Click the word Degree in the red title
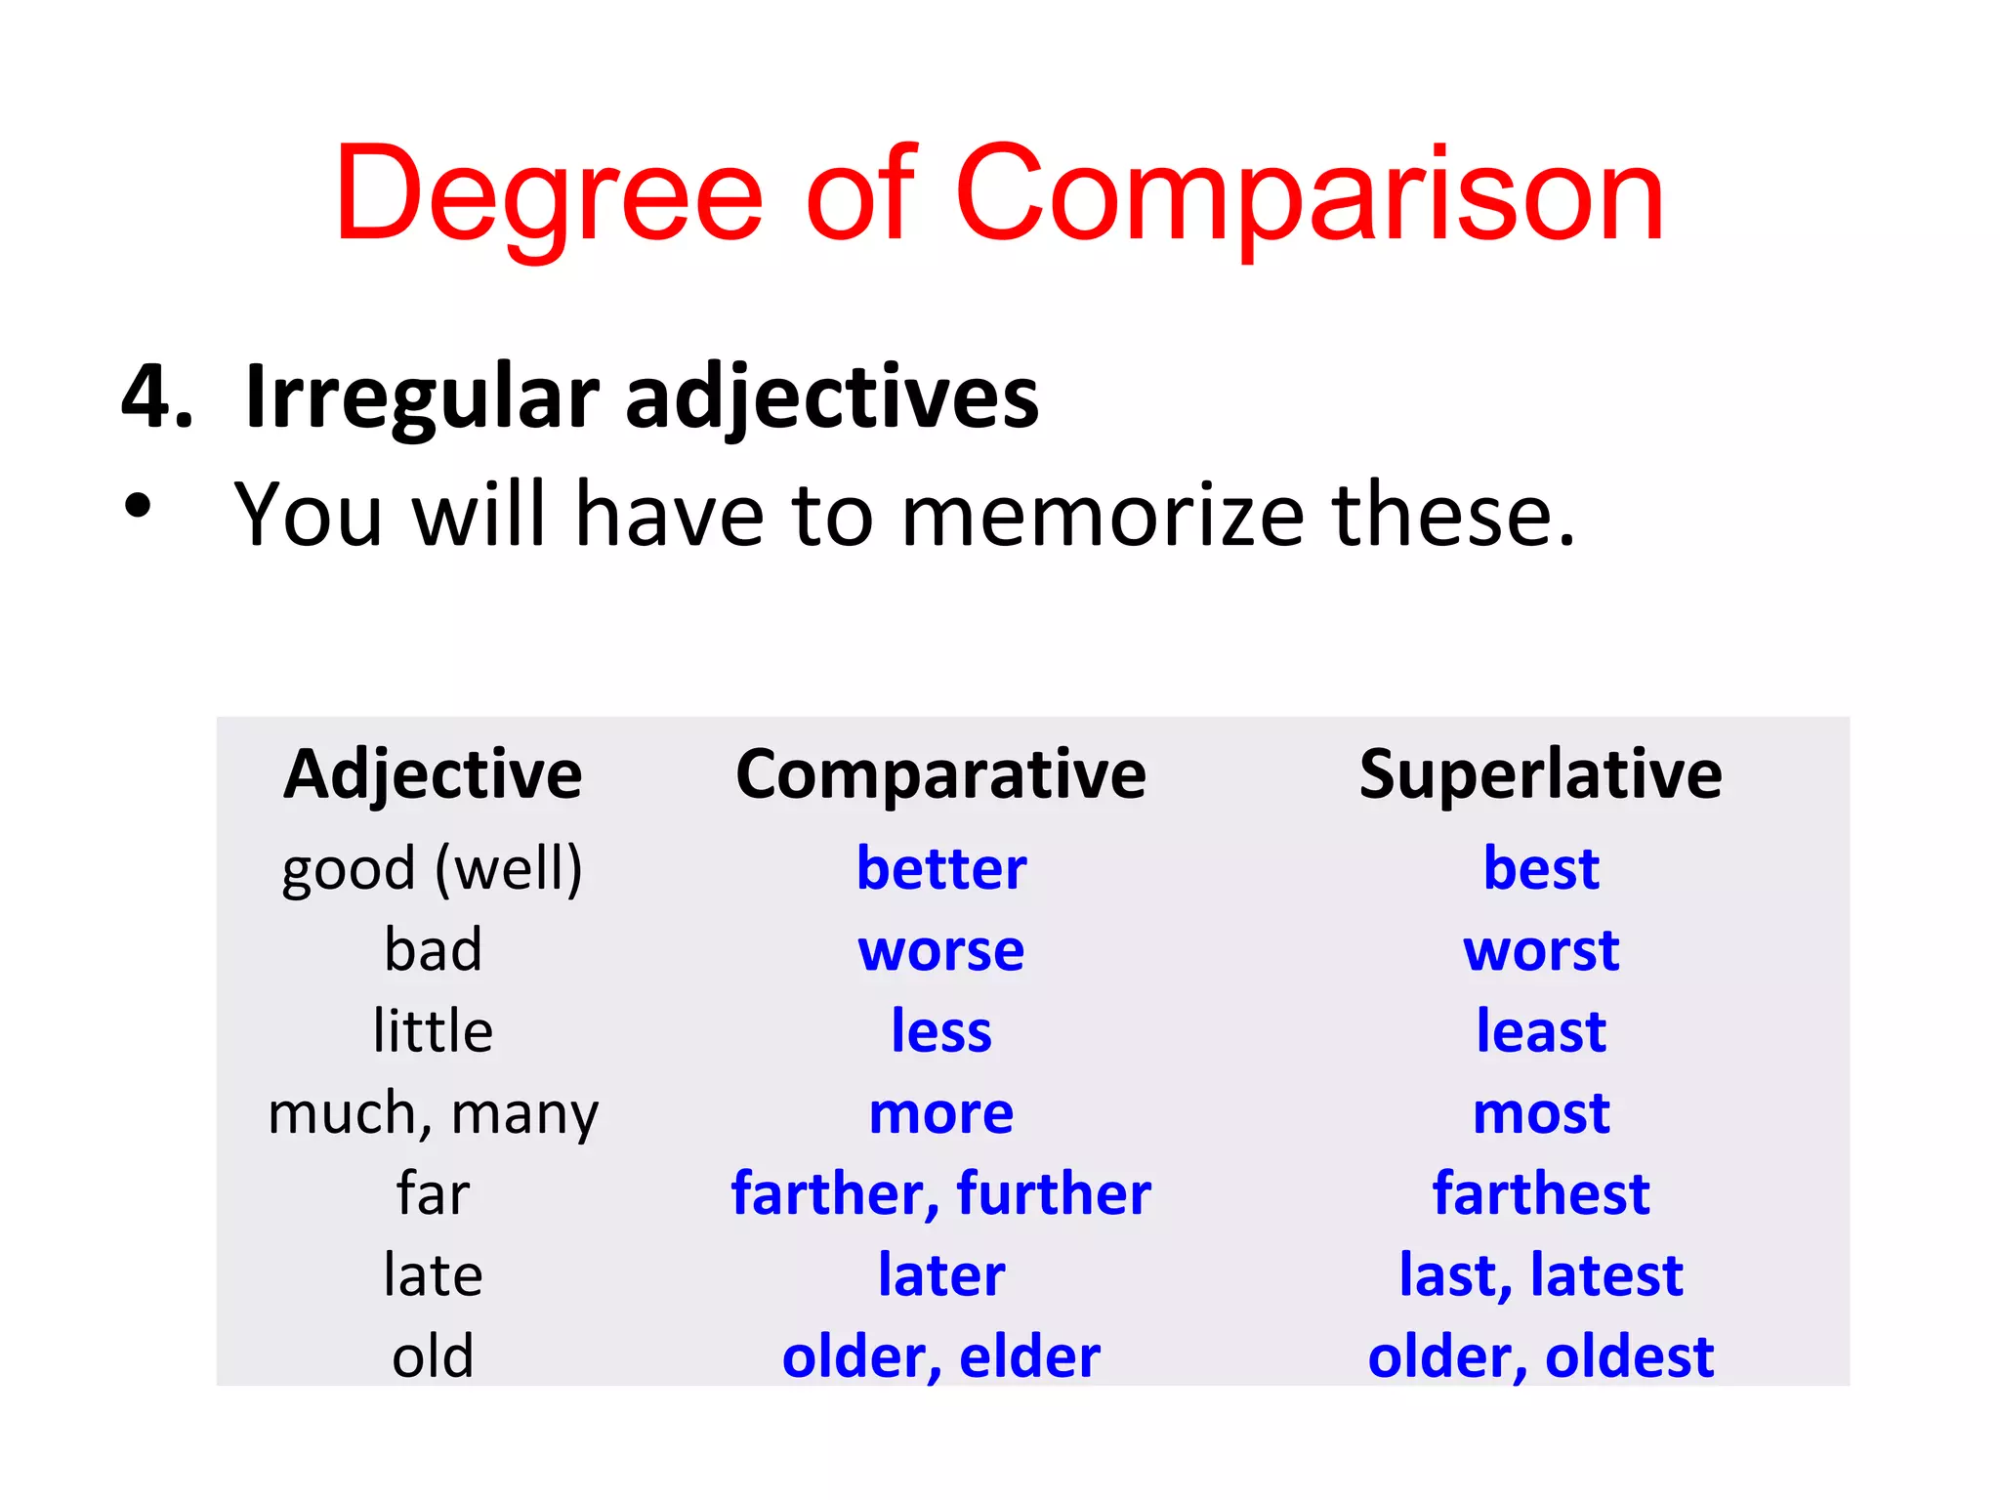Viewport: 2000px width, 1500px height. [548, 195]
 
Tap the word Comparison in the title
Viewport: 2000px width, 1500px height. [1309, 195]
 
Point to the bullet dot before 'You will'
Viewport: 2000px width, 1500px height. [139, 506]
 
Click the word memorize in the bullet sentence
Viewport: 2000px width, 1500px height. [1103, 515]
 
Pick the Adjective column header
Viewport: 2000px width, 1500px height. [433, 774]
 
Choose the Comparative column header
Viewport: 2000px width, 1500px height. [940, 774]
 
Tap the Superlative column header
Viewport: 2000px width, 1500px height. [1540, 774]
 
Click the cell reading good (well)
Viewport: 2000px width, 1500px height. [432, 868]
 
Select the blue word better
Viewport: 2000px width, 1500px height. [941, 868]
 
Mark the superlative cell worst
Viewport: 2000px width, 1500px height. [1541, 950]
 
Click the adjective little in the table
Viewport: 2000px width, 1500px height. [433, 1031]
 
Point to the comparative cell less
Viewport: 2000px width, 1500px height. [941, 1031]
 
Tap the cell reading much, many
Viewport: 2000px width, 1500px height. [433, 1113]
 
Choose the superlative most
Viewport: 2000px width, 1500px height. [1541, 1113]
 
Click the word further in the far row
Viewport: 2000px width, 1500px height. [1054, 1193]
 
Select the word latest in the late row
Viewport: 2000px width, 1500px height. [1606, 1275]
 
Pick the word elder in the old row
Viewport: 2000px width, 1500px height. [1029, 1356]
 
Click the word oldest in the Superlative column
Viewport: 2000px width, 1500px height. [1629, 1356]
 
